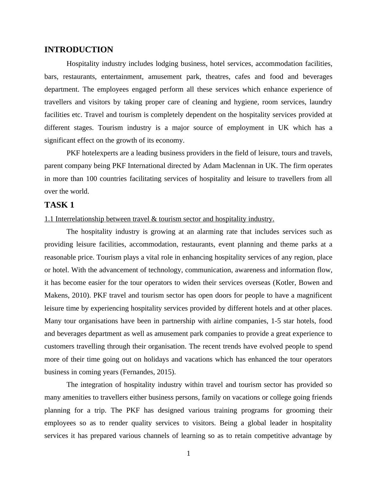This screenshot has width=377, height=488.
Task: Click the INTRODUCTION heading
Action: pos(79,50)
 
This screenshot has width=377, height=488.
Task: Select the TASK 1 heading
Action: pos(59,205)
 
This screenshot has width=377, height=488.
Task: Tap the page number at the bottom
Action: pos(188,454)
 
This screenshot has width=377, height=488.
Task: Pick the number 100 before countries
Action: pos(91,179)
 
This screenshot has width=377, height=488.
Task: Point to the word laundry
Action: pos(321,102)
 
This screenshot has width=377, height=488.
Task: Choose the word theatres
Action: pos(217,77)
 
